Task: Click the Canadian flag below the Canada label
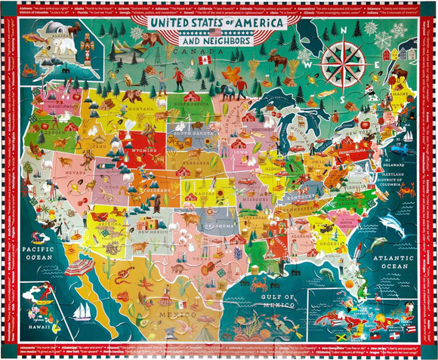[202, 59]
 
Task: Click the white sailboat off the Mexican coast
[82, 309]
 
